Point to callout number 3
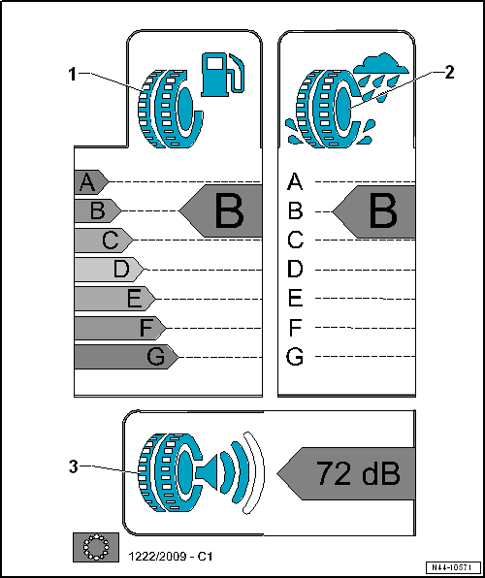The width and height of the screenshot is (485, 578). click(73, 466)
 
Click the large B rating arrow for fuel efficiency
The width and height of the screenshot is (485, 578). click(221, 210)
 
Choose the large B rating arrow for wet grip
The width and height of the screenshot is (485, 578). click(376, 210)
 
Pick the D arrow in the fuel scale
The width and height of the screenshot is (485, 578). click(109, 268)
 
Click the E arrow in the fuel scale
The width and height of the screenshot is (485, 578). click(114, 298)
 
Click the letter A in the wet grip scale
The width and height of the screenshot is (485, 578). click(296, 181)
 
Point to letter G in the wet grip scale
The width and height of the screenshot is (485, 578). click(296, 357)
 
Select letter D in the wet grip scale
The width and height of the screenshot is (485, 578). click(296, 269)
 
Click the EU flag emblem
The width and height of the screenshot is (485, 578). click(95, 548)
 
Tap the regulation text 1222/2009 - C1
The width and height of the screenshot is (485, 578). click(171, 556)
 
